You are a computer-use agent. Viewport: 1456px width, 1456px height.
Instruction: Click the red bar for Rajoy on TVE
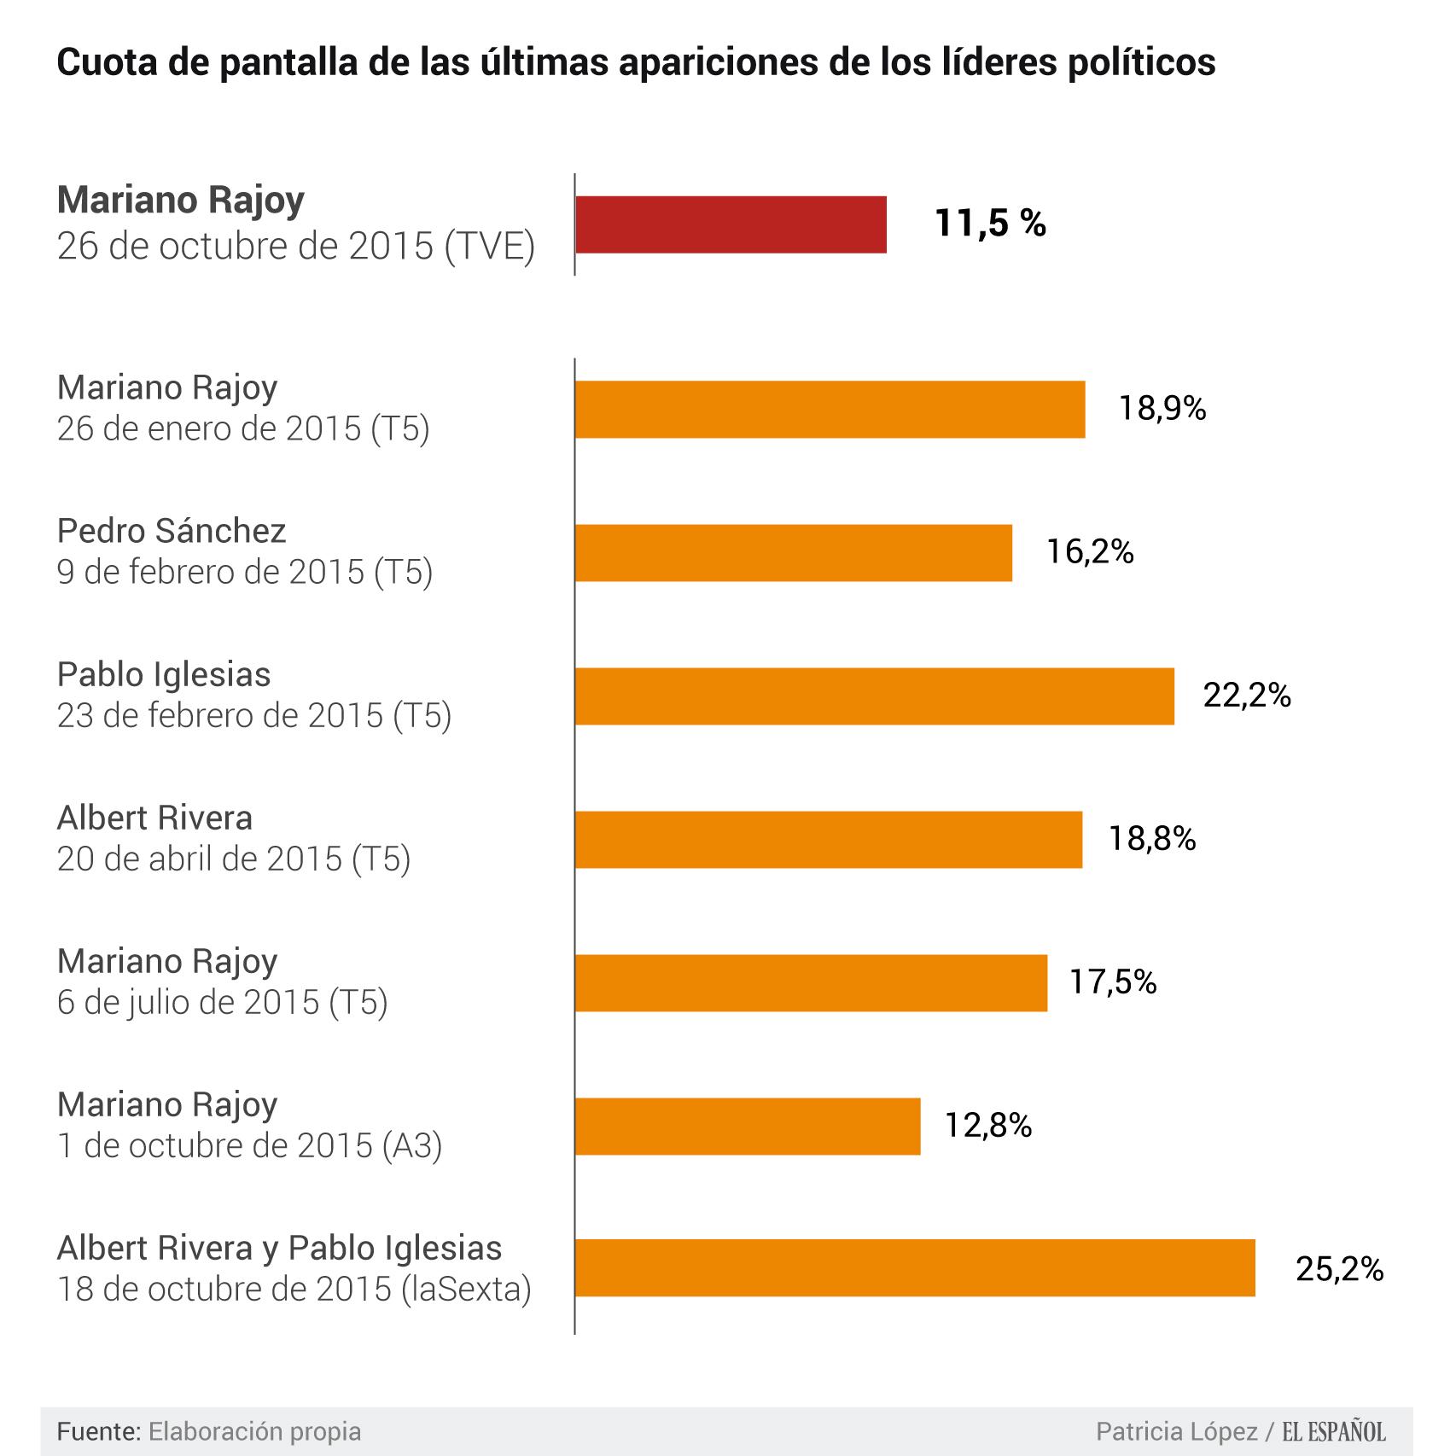(731, 224)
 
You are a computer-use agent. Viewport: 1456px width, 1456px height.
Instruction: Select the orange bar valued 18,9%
(830, 410)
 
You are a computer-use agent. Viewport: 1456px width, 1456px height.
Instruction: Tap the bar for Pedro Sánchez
(793, 553)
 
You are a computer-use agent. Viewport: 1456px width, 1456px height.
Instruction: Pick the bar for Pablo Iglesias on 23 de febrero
(874, 696)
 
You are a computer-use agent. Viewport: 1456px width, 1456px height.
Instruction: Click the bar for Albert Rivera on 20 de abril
(828, 840)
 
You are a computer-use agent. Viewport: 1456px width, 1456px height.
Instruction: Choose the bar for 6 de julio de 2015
(811, 983)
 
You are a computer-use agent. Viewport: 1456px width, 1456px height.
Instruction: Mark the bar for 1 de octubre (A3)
(748, 1127)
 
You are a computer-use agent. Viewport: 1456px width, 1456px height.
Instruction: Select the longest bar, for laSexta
(915, 1268)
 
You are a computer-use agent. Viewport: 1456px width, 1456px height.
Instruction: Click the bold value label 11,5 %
(990, 224)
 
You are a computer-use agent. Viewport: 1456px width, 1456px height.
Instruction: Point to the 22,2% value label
(1247, 696)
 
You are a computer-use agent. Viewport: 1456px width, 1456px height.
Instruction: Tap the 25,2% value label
(1339, 1269)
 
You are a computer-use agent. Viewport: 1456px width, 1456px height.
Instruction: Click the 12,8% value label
(987, 1126)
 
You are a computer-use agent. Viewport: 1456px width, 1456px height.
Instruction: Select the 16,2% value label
(1090, 552)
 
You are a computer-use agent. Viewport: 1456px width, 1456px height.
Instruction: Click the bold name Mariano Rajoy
(180, 201)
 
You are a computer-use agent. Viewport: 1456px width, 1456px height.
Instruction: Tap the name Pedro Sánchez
(171, 532)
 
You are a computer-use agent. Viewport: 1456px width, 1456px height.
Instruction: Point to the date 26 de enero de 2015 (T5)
(243, 428)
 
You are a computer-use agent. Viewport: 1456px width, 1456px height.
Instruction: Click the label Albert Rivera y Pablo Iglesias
(279, 1249)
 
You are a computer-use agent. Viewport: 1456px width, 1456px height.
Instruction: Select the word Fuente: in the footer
(99, 1431)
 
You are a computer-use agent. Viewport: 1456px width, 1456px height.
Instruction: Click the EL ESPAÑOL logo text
(1334, 1431)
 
